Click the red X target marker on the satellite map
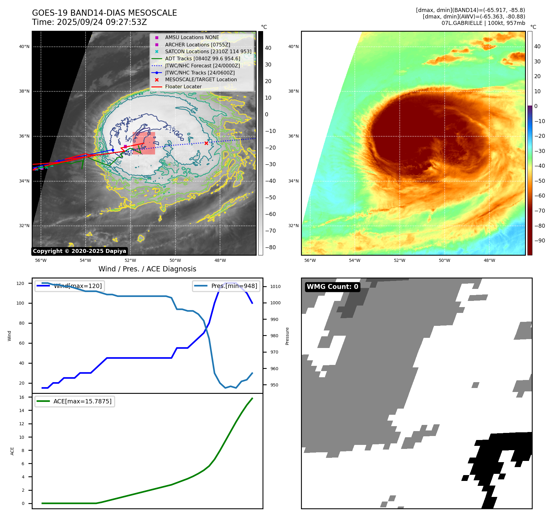(206, 143)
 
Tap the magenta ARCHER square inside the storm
(125, 146)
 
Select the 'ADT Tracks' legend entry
(202, 58)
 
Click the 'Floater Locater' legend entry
(183, 87)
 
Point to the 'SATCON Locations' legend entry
(208, 51)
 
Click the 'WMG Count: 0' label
(332, 287)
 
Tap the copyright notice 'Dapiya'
(79, 251)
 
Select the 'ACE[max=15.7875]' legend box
(75, 402)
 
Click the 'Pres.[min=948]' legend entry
(226, 286)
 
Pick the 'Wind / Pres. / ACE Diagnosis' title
(147, 269)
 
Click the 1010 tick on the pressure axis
(275, 286)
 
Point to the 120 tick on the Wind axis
(20, 283)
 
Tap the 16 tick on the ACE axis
(22, 397)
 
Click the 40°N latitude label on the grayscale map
(24, 47)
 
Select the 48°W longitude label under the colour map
(489, 261)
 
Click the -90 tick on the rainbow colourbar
(539, 241)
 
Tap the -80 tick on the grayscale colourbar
(270, 247)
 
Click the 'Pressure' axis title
(287, 336)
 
